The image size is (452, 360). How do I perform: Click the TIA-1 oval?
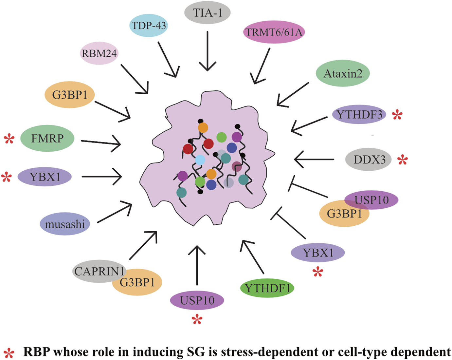[208, 13]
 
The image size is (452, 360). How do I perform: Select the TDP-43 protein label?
[149, 25]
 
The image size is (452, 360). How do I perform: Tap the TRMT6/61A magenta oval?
[274, 32]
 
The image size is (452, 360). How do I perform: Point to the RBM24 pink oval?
[99, 53]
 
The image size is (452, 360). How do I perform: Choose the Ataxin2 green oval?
[343, 73]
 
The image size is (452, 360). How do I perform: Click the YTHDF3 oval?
[359, 114]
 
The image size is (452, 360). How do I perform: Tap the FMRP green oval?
[47, 138]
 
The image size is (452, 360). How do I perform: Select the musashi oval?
[65, 224]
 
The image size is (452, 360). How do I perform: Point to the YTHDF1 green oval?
[267, 288]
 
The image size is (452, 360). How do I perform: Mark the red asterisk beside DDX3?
[403, 160]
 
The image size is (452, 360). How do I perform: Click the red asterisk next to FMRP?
[9, 139]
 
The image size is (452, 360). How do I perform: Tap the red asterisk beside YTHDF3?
[397, 115]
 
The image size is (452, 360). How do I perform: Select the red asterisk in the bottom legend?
[9, 353]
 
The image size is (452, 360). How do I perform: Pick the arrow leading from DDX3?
[314, 160]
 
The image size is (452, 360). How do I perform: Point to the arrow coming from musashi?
[115, 213]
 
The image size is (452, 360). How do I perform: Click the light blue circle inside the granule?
[200, 160]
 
